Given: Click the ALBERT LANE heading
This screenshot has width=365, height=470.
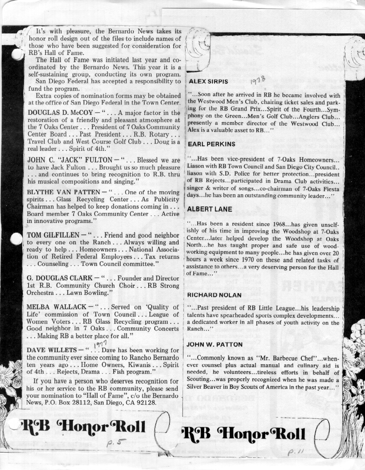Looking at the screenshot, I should pos(209,209).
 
